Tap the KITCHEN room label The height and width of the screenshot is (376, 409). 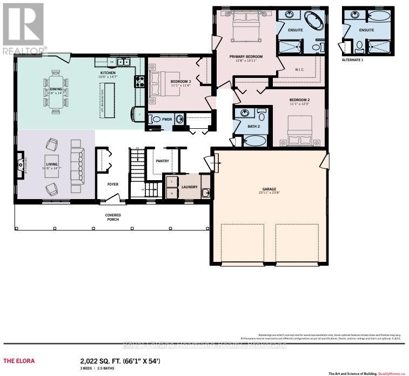(x=108, y=72)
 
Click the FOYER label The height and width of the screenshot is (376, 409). (x=112, y=184)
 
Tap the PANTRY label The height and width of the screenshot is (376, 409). (x=162, y=161)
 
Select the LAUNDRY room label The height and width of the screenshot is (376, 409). (x=189, y=187)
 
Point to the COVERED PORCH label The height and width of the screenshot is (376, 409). (x=113, y=217)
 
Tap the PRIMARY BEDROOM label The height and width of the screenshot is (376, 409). (x=246, y=57)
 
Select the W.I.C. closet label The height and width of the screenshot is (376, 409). (x=301, y=69)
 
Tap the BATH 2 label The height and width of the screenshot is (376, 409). (x=254, y=126)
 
